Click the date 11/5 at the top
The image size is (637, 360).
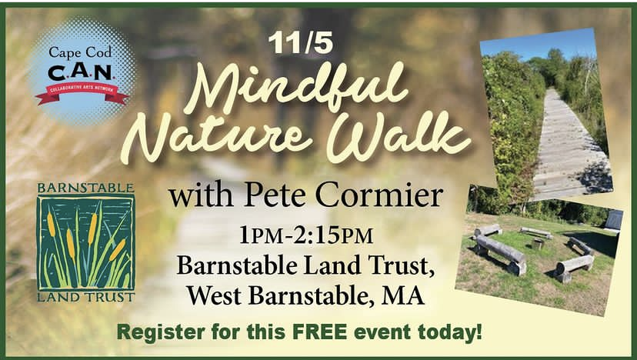tap(301, 42)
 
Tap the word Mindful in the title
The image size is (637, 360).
tap(295, 88)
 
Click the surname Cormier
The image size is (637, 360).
tap(379, 195)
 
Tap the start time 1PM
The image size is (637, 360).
tap(262, 235)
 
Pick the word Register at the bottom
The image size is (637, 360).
tap(161, 332)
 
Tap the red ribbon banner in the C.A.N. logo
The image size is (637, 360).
tap(82, 92)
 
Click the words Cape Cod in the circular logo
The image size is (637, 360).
tap(80, 53)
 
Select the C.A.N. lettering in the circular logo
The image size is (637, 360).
tap(80, 72)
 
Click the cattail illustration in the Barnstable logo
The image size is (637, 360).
tap(85, 242)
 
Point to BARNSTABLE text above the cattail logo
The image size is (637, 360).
tap(85, 188)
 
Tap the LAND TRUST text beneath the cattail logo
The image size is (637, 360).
tap(85, 297)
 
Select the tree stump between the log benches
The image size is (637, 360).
tap(538, 243)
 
